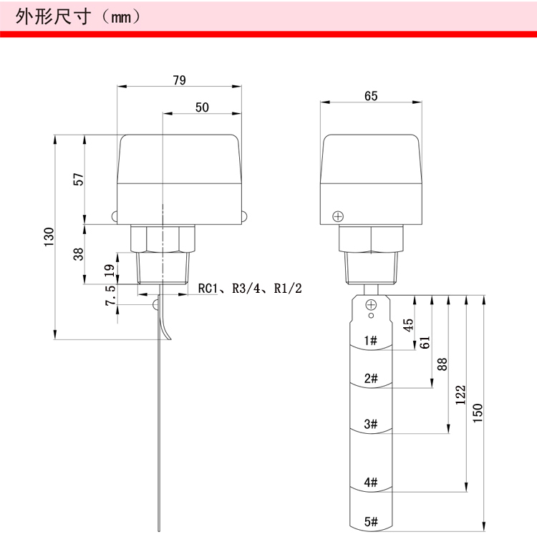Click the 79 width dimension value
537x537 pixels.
[x=180, y=80]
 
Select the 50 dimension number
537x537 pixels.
[x=202, y=107]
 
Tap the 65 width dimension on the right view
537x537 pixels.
[x=371, y=96]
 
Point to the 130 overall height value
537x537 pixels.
[x=49, y=237]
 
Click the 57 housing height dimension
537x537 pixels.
[x=79, y=179]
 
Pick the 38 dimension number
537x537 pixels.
[x=79, y=254]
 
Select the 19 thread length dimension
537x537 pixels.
[x=110, y=271]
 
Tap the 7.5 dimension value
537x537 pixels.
[x=110, y=296]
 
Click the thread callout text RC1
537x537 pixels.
[x=208, y=289]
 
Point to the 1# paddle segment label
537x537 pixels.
[x=371, y=340]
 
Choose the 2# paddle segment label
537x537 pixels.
[x=371, y=379]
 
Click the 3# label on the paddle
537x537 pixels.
[x=371, y=424]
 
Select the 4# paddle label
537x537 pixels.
[x=371, y=482]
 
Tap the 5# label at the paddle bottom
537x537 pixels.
[x=371, y=521]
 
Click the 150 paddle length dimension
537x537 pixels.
[x=478, y=413]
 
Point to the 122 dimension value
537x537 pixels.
[x=460, y=395]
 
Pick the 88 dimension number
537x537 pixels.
[x=442, y=364]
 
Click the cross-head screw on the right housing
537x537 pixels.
[x=338, y=216]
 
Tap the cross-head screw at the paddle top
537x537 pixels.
[x=371, y=304]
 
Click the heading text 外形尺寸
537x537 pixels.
[x=53, y=16]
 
